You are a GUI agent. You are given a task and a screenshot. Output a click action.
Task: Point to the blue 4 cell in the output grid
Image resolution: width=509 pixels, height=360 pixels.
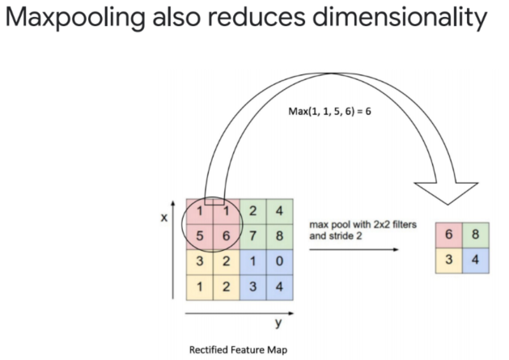point(475,260)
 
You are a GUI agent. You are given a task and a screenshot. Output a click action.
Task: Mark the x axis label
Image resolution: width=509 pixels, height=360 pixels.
point(163,217)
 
